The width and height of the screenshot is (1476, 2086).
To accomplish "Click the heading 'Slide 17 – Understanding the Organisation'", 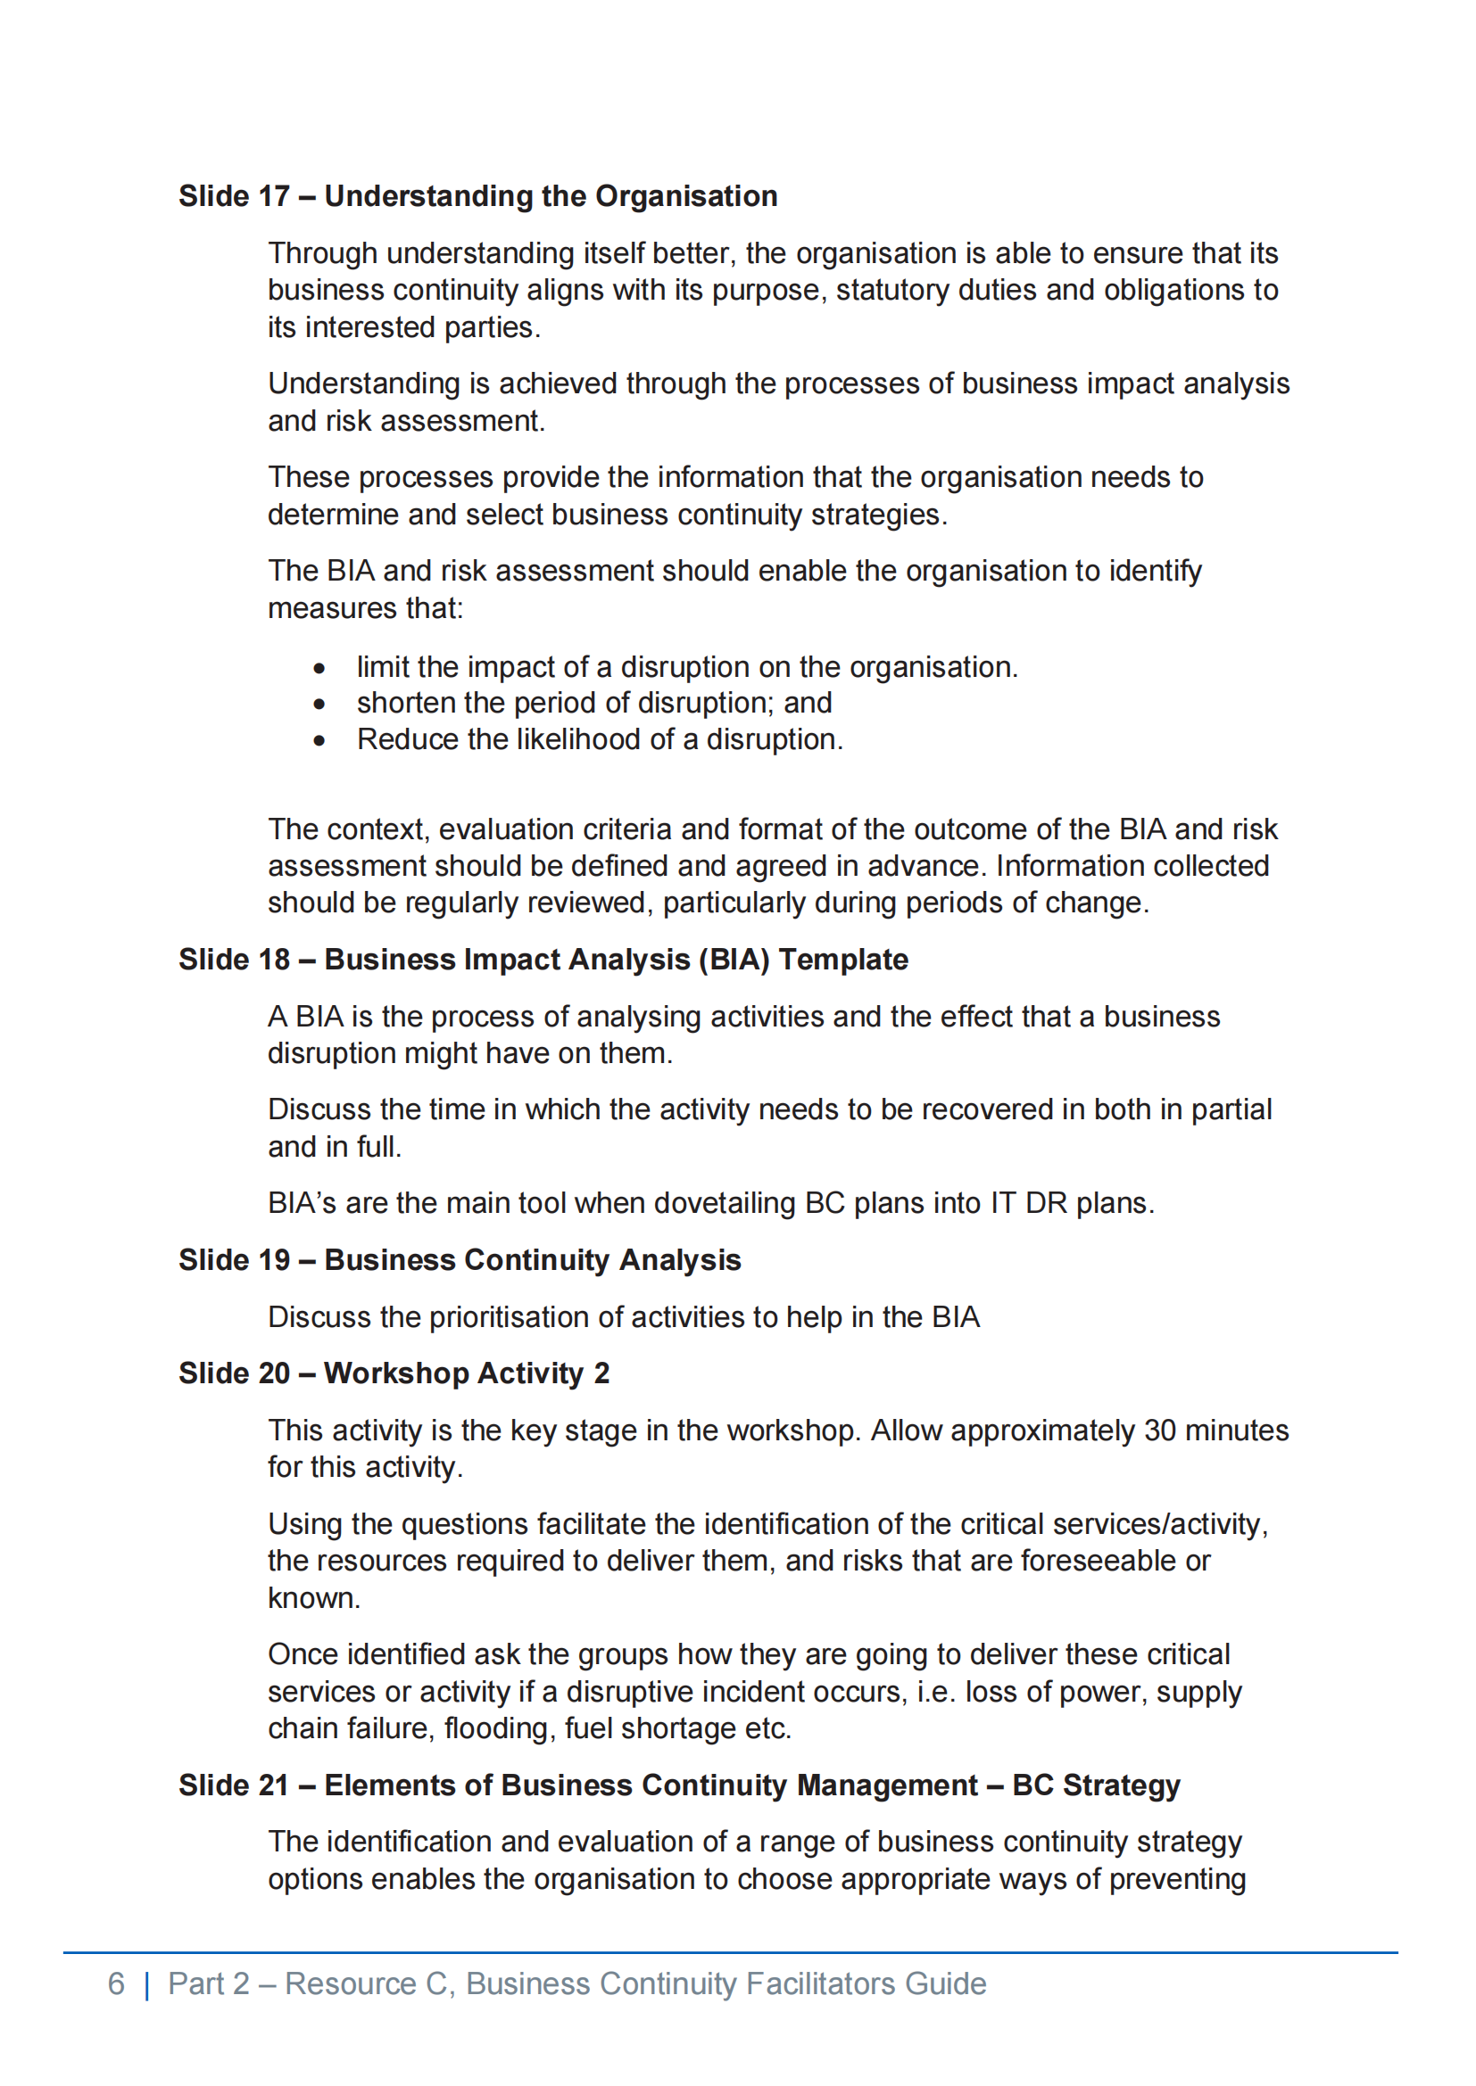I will [477, 196].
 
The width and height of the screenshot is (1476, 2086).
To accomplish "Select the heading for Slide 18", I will [543, 960].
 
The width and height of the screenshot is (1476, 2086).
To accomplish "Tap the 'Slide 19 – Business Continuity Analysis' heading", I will [459, 1260].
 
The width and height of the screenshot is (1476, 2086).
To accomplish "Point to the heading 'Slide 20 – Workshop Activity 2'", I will [394, 1373].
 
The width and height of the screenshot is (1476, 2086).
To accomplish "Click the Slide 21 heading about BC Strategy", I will [679, 1785].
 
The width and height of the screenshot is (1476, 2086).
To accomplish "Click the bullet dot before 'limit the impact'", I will [319, 669].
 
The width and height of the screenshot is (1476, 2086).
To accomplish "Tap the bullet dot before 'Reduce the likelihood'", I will [319, 740].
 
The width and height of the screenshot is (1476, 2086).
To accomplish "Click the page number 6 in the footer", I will [115, 1983].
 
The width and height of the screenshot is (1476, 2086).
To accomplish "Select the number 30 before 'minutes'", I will [1161, 1430].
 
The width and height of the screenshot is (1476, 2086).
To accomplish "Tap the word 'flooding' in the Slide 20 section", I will [497, 1728].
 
